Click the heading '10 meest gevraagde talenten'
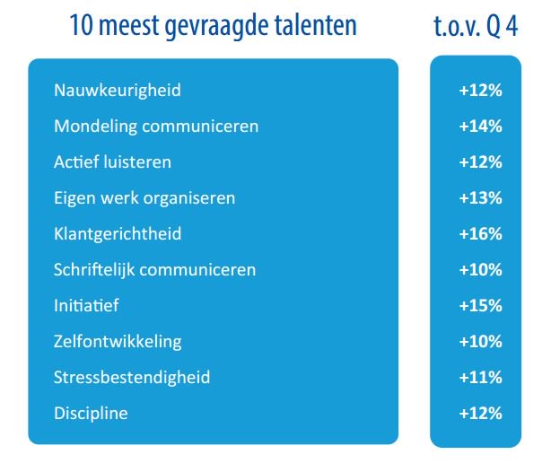pos(213,26)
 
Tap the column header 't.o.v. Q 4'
pos(475,26)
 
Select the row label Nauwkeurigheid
pos(118,91)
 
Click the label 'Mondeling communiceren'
pos(156,127)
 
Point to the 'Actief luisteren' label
pos(112,162)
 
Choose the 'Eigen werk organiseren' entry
pos(144,198)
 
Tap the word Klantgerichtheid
pos(118,234)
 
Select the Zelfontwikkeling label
pos(118,342)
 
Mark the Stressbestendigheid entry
pos(132,378)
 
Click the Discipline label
pos(91,414)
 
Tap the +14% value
pos(480,127)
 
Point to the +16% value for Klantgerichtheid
pos(480,234)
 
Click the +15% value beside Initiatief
pos(480,306)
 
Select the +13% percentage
pos(480,198)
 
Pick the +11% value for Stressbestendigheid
pos(480,378)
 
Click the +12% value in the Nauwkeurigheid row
pos(480,91)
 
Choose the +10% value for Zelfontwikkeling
pos(480,342)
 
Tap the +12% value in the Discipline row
pos(480,414)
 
